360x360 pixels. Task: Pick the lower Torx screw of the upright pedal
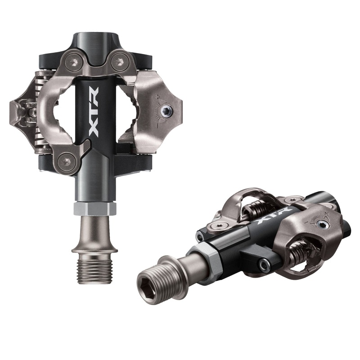click(68, 160)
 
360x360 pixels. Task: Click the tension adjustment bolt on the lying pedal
click(323, 224)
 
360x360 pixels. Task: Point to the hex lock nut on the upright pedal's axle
click(95, 208)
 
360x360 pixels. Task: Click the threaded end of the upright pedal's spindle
click(94, 270)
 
